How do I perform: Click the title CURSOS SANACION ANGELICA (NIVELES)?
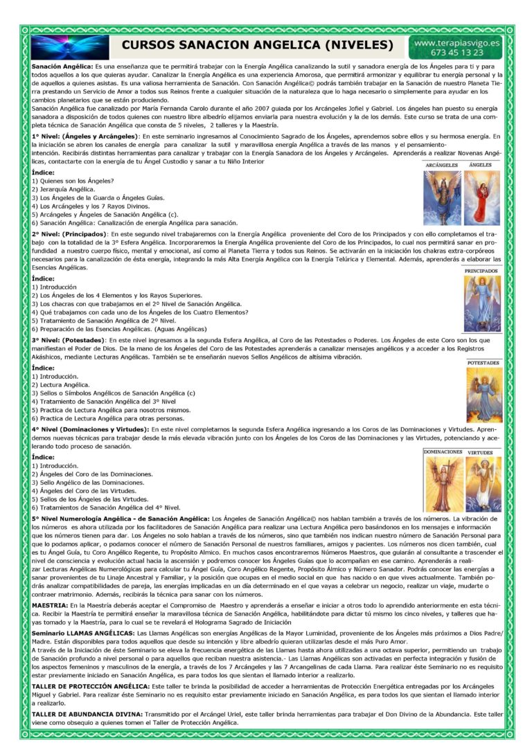[258, 46]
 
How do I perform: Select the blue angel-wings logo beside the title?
[70, 46]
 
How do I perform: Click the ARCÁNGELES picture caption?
[441, 165]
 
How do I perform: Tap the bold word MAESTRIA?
[49, 605]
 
